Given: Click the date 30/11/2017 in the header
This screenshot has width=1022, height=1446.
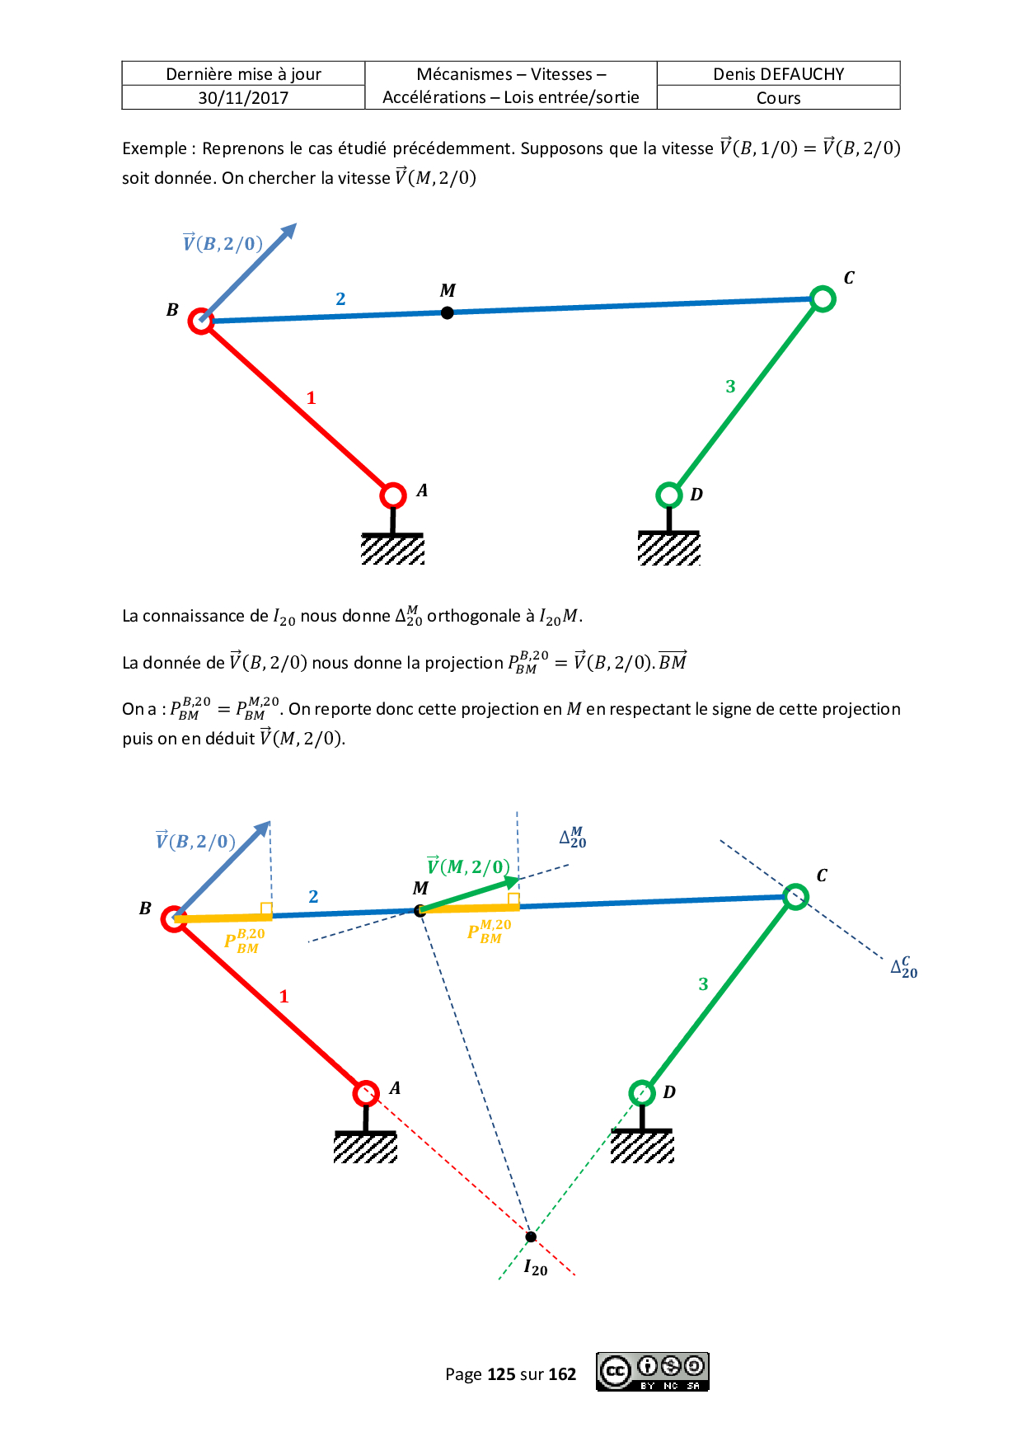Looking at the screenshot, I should (x=243, y=98).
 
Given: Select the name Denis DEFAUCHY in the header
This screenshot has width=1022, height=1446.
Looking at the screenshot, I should (x=778, y=74).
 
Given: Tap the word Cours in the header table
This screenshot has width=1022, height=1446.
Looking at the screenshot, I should (x=778, y=98).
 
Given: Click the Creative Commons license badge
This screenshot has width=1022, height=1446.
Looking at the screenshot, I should (x=652, y=1372).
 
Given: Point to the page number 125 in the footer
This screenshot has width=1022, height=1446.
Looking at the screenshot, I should (x=501, y=1374).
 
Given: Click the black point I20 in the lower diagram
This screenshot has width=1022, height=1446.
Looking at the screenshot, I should (x=531, y=1236).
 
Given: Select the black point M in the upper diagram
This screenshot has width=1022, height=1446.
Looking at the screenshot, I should (x=447, y=312).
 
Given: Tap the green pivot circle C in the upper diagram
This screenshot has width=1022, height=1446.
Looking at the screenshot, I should (x=822, y=298).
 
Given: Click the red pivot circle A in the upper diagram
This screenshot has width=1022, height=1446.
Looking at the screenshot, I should (x=393, y=495).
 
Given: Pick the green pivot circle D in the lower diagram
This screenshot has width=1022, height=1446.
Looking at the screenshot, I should (x=641, y=1093).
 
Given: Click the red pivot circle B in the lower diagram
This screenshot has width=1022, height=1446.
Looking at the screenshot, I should (x=174, y=918).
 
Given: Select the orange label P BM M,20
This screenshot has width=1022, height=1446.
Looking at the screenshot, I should (x=490, y=932).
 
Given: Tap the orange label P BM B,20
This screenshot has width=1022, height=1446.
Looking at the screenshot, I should (x=245, y=941).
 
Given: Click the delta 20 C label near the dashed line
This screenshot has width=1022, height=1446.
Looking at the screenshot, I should (x=904, y=967).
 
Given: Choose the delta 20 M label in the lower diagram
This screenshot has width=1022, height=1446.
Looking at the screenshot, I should (x=573, y=838).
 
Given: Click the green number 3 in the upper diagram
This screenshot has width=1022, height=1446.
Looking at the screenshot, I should (x=730, y=386).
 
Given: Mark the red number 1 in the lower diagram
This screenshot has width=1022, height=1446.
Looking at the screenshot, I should (x=284, y=996).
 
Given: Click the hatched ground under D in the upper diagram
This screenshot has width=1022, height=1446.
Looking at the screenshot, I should (x=668, y=548).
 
